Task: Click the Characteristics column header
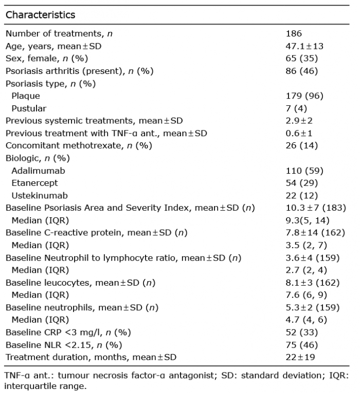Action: point(41,15)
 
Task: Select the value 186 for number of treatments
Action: point(294,33)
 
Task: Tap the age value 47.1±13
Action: point(304,46)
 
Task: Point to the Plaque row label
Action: point(26,96)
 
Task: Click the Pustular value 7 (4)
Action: point(296,108)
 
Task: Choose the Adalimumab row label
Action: point(38,171)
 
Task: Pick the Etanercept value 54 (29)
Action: point(302,183)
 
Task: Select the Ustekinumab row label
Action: point(40,196)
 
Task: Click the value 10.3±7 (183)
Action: point(316,208)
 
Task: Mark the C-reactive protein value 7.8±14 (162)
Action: point(315,233)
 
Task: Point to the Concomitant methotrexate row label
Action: point(79,145)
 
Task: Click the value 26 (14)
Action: point(302,145)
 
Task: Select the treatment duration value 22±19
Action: point(300,357)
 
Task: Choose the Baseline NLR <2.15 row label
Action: point(64,345)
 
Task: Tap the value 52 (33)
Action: point(302,332)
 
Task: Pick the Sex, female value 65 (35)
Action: point(302,59)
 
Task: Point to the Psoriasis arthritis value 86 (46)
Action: point(302,71)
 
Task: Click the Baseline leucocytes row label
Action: point(81,283)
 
